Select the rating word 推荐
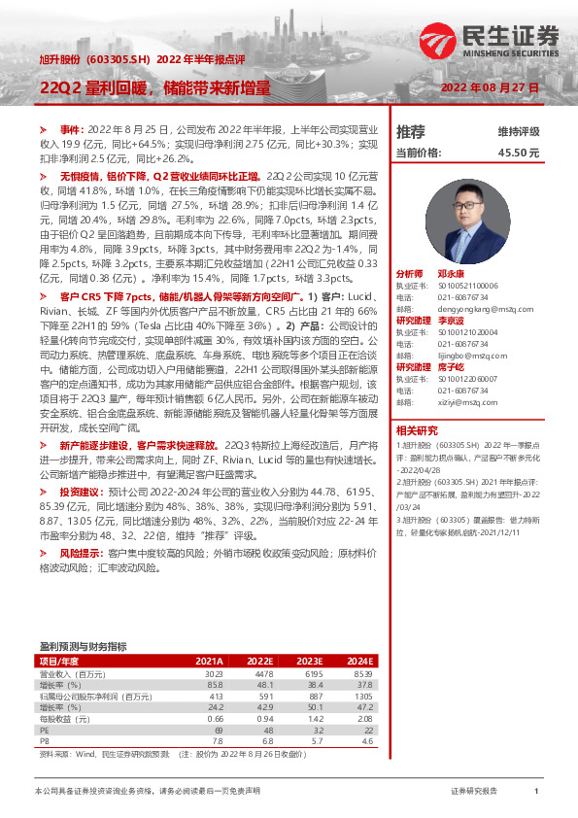[x=410, y=131]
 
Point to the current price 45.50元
[x=518, y=153]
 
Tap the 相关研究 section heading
[x=417, y=429]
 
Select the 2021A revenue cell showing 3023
[x=213, y=673]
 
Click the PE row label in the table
[x=43, y=729]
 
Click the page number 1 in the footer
[x=536, y=792]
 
